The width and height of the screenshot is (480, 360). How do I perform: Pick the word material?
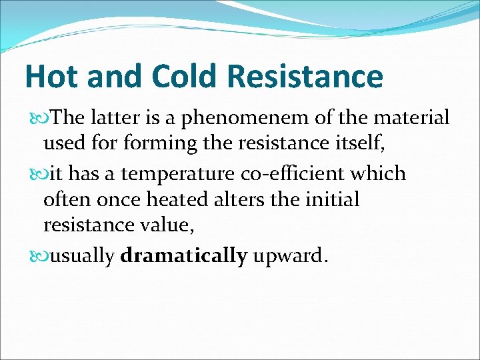[411, 118]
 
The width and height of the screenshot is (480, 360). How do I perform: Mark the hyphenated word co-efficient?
[294, 173]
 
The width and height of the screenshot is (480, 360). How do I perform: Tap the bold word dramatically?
[184, 256]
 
